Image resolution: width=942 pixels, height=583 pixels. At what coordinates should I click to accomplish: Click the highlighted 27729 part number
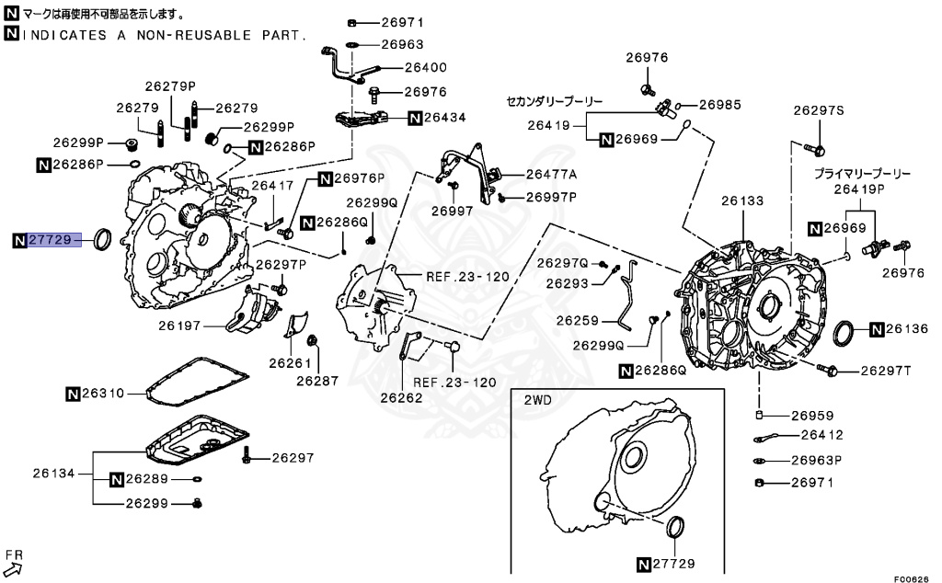coord(50,240)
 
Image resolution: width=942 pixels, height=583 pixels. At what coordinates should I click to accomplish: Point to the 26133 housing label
coord(741,200)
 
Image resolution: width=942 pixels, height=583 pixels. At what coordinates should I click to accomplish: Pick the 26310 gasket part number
coord(102,394)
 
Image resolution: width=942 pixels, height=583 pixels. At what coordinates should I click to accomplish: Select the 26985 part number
coord(719,105)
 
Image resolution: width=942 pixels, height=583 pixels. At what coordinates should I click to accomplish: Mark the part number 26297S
coord(819,110)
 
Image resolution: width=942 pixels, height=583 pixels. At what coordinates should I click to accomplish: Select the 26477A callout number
coord(552,174)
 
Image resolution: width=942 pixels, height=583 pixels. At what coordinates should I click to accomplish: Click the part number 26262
coord(403,398)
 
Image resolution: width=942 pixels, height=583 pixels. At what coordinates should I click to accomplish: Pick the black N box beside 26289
coord(117,479)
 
